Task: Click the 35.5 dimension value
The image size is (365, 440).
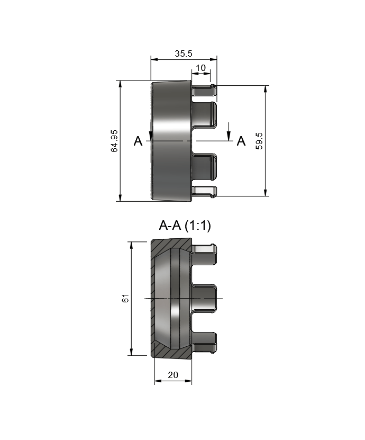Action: [x=184, y=53]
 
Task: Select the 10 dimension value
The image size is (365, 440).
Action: [x=200, y=68]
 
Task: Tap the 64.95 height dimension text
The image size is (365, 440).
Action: [x=114, y=141]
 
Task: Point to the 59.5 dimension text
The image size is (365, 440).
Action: [x=260, y=141]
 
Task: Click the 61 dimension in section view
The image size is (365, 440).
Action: [x=125, y=298]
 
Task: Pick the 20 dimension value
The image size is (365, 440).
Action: [x=173, y=375]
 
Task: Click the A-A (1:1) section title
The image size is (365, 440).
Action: [x=185, y=225]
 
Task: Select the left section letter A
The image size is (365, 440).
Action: [x=138, y=141]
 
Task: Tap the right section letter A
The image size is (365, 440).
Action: [x=241, y=141]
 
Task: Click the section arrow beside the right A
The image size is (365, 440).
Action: [x=229, y=132]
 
